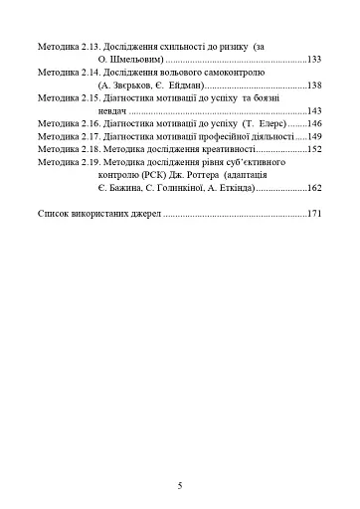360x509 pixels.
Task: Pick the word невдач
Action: [x=113, y=112]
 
